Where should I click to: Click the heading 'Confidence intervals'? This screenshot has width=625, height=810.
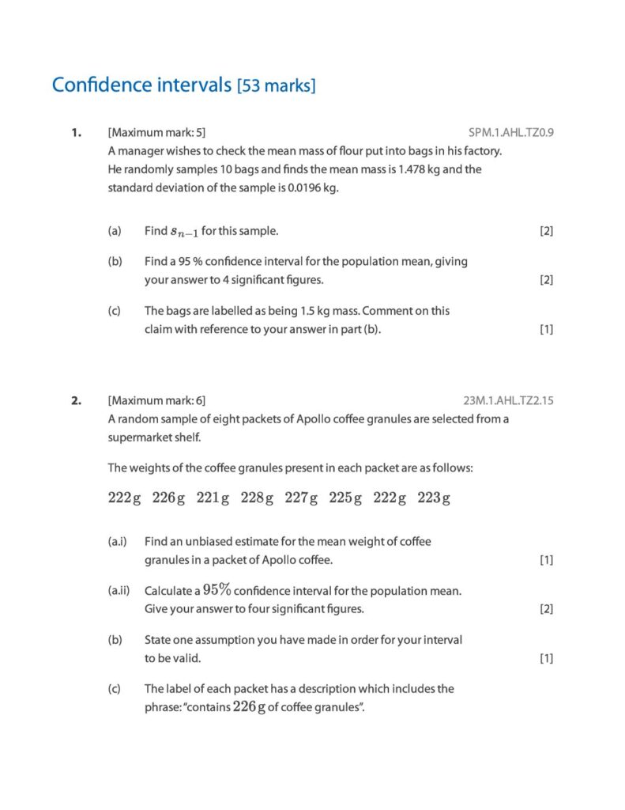(x=141, y=85)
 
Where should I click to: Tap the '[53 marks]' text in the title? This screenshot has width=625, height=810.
(x=277, y=85)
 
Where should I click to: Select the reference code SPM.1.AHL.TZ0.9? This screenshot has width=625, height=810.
(x=510, y=133)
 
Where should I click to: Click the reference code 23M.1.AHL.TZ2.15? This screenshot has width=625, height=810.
(x=508, y=400)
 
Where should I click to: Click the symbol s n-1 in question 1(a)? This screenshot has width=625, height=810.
(x=185, y=232)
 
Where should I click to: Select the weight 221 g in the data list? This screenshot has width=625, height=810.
(x=213, y=498)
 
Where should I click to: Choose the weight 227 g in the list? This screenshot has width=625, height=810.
(x=301, y=498)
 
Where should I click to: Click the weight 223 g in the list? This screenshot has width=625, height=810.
(x=434, y=498)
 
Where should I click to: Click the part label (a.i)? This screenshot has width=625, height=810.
(x=118, y=542)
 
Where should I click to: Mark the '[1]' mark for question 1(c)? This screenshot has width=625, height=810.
(x=546, y=330)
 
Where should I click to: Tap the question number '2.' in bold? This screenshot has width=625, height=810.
(x=76, y=400)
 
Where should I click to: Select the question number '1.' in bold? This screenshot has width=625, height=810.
(x=76, y=133)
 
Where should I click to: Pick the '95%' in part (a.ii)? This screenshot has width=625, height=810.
(x=217, y=590)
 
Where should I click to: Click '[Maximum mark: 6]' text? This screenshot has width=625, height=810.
(x=157, y=400)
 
